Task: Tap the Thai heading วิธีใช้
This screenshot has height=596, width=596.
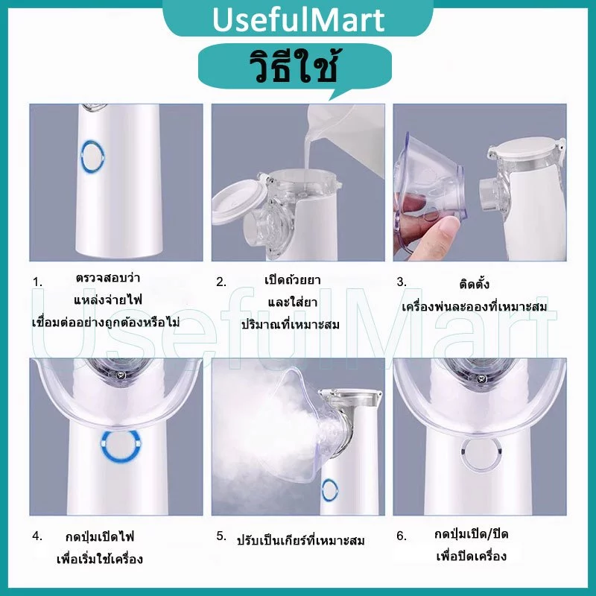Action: click(x=294, y=66)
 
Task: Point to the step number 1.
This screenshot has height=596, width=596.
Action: click(x=37, y=282)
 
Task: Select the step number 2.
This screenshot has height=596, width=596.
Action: click(x=221, y=282)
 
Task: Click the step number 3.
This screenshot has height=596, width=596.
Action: click(x=402, y=282)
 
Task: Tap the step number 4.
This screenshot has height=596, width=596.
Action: click(x=37, y=536)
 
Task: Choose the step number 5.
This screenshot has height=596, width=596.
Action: click(x=221, y=536)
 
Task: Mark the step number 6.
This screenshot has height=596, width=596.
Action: click(x=402, y=536)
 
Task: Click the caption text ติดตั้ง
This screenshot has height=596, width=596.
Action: click(x=474, y=283)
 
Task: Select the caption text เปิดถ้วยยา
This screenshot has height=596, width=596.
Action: click(x=292, y=280)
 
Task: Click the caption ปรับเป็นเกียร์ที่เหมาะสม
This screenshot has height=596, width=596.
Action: click(x=300, y=539)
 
